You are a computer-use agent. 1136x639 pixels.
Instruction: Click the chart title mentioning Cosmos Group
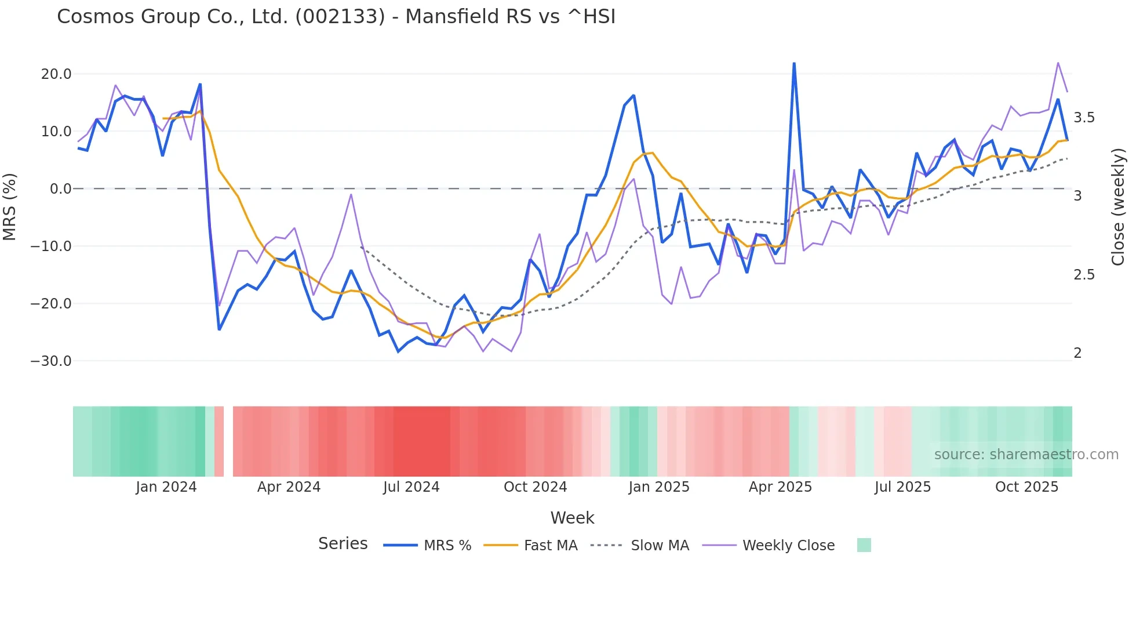336,17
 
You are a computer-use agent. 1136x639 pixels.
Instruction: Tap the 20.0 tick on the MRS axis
56,74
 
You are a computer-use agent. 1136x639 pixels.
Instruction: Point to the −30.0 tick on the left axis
51,361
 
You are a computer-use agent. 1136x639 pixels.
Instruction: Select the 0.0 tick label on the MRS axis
60,189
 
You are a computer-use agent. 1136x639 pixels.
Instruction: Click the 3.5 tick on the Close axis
1084,118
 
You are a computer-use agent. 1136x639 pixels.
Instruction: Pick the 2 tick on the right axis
1077,353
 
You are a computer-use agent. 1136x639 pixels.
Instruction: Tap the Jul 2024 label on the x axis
411,487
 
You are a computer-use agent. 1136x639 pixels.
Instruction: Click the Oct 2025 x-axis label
1026,487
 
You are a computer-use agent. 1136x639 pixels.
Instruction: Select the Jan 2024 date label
166,487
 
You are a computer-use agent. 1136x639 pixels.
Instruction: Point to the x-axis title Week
572,518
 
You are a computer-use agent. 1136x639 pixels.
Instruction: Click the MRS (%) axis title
10,206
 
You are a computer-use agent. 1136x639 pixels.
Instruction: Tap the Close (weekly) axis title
1118,207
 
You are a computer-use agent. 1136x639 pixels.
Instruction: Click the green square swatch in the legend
864,545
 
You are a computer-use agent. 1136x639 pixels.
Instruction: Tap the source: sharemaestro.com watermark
1026,455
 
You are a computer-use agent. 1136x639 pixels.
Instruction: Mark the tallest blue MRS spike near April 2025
793,63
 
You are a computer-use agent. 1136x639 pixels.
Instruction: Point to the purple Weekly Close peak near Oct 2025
1058,63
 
